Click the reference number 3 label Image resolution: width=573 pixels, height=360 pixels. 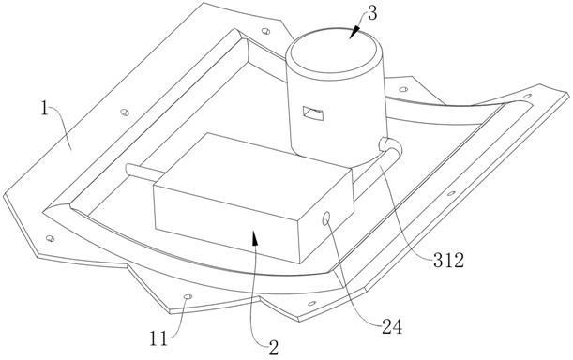[x=372, y=13]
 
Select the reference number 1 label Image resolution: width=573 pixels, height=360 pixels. [x=44, y=109]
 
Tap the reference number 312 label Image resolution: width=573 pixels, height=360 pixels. [x=449, y=261]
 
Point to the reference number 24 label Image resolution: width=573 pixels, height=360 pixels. [x=392, y=326]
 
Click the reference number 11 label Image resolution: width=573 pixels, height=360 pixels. [x=158, y=338]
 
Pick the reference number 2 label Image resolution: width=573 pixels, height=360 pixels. [x=274, y=348]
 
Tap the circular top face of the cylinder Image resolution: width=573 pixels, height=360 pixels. [x=332, y=51]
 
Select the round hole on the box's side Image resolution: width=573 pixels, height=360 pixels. [x=326, y=218]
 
